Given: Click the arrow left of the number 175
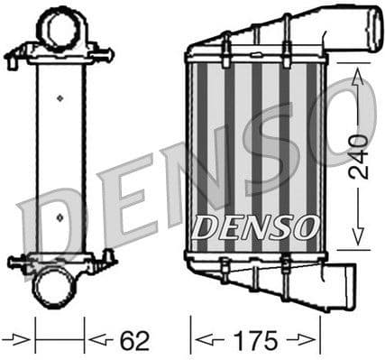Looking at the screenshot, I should [x=207, y=341].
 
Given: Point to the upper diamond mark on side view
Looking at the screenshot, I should [x=60, y=96].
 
